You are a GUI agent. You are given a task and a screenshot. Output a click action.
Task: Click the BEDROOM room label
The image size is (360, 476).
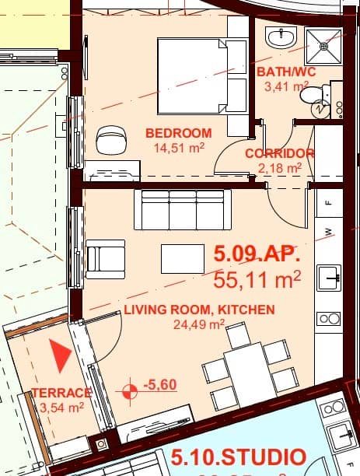click(x=178, y=133)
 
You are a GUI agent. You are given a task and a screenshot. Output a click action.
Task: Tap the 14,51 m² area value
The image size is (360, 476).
click(x=178, y=148)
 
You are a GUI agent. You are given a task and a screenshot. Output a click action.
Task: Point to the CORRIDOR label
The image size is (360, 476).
click(x=279, y=153)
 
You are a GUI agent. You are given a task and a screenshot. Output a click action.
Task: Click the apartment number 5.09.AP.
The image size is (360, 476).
click(x=256, y=254)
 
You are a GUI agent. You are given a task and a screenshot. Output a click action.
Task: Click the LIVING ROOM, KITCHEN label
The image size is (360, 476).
click(x=199, y=310)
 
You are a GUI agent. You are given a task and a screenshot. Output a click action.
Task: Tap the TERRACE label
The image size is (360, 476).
click(x=61, y=393)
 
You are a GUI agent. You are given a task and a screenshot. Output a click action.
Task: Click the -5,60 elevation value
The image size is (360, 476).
click(x=162, y=384)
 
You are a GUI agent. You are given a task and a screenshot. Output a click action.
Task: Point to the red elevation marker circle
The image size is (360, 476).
click(x=130, y=386)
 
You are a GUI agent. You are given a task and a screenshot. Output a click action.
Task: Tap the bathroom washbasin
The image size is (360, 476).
click(x=279, y=37)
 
